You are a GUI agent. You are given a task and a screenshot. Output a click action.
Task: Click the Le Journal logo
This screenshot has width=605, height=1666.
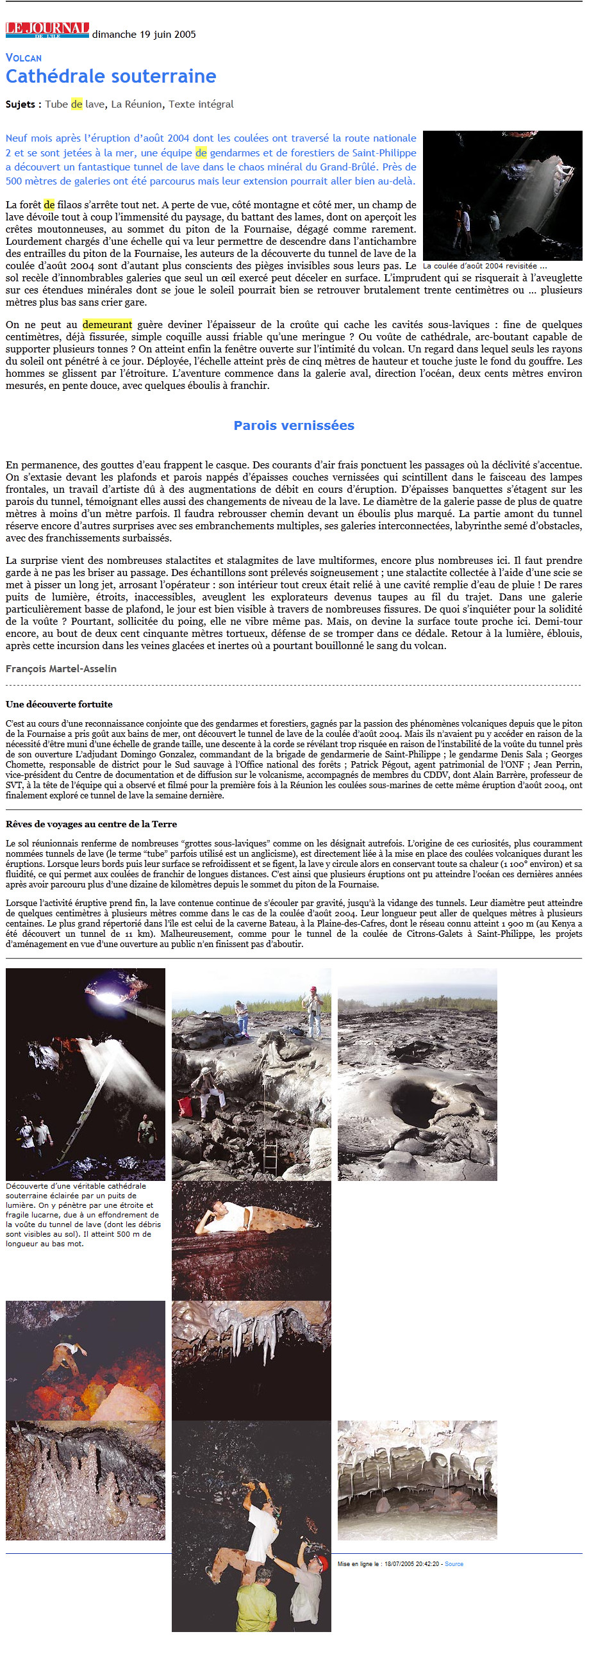47,29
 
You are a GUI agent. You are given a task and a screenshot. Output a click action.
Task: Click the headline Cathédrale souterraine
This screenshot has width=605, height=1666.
111,76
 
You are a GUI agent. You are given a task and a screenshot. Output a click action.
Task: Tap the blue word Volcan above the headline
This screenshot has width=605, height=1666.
24,58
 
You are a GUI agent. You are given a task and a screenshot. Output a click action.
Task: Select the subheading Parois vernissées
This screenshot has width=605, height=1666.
294,425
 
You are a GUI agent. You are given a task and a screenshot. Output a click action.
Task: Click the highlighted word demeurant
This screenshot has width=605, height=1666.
107,325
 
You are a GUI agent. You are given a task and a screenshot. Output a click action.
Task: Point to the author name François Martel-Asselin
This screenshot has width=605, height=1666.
62,669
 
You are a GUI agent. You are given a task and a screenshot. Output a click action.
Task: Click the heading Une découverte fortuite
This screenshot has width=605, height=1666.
59,704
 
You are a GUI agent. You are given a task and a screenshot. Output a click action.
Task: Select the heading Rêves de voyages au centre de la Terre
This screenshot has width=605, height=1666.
91,824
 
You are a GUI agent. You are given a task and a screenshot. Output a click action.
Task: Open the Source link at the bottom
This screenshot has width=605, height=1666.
454,1564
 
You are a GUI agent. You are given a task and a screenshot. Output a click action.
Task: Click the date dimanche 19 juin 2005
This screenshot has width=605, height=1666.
144,34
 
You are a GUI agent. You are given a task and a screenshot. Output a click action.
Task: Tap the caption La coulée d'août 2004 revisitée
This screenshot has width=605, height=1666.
485,266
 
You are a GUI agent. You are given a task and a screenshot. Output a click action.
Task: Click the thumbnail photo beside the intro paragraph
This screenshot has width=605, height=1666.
502,195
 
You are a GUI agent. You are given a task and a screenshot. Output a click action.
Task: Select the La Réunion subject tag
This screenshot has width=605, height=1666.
136,104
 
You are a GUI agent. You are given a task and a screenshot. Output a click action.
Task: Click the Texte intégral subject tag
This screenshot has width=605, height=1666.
201,104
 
